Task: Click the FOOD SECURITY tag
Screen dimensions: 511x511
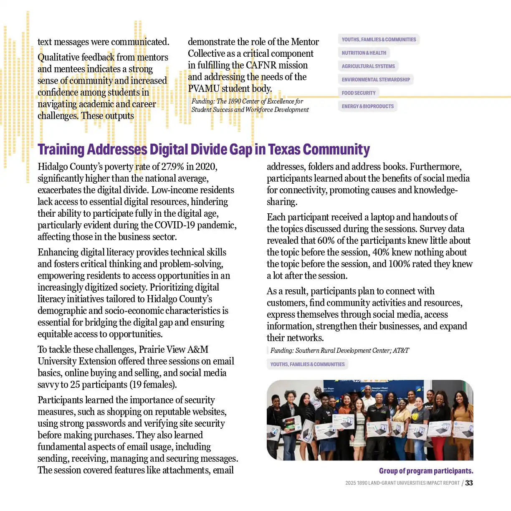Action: pos(359,93)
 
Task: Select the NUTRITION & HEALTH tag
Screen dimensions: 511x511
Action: pos(364,53)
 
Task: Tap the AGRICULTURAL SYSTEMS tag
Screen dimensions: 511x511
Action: pos(368,66)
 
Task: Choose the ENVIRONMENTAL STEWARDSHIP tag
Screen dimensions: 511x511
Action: pos(375,80)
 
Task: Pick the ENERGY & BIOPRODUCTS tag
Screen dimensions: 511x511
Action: pos(367,106)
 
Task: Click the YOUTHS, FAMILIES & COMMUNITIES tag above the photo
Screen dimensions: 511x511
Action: pos(307,364)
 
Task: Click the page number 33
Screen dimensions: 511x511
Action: pos(469,483)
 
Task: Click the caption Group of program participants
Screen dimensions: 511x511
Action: pos(426,471)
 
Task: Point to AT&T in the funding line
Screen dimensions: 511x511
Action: pos(401,351)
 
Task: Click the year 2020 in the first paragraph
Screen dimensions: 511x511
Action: pos(206,167)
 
